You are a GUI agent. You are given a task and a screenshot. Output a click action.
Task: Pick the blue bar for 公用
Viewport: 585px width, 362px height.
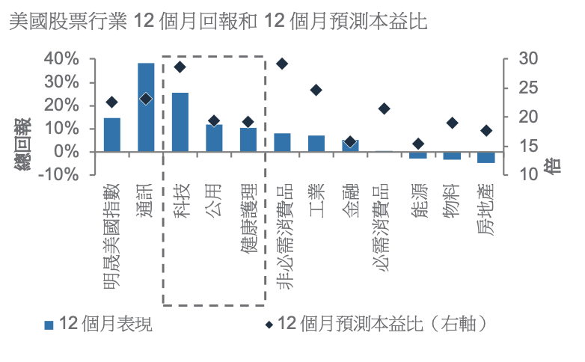[215, 138]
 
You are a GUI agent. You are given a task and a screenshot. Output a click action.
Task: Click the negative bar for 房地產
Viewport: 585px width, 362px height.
[486, 157]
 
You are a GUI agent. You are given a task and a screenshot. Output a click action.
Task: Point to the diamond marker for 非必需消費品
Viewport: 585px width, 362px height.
[282, 64]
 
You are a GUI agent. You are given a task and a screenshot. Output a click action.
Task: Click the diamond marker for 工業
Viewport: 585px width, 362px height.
[316, 90]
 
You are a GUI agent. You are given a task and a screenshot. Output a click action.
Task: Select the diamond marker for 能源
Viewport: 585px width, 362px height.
[418, 144]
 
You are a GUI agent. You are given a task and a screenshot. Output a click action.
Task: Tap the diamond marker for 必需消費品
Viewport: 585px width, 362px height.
[385, 108]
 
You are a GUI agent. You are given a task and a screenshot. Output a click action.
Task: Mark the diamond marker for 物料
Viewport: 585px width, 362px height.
[452, 123]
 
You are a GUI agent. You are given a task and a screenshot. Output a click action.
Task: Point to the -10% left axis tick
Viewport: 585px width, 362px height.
[58, 174]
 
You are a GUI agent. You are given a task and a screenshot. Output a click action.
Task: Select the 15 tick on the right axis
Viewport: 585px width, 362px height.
[528, 146]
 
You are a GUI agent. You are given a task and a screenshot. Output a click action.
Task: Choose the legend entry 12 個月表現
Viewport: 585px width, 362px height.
[105, 324]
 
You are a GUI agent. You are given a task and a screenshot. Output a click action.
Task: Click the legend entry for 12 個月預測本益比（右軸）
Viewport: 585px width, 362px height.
[382, 324]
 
